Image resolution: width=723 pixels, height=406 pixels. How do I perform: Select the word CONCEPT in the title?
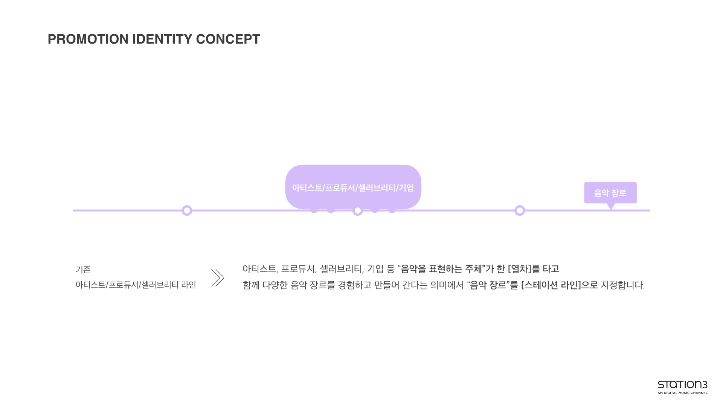[228, 39]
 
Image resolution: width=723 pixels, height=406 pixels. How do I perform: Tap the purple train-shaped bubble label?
[353, 187]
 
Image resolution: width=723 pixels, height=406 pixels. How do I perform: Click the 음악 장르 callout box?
[610, 193]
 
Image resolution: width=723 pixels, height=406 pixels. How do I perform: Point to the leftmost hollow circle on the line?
[187, 211]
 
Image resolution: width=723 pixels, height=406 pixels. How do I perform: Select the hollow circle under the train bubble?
[357, 211]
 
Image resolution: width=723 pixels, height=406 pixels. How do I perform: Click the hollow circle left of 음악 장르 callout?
[520, 211]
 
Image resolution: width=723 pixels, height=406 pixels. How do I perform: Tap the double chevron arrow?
[218, 277]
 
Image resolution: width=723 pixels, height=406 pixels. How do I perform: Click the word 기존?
[83, 270]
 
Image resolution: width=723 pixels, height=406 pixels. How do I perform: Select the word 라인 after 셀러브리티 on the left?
[189, 285]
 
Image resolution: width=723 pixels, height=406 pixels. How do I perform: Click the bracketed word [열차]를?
[524, 269]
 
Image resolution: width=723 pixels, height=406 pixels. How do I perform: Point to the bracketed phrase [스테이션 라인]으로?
[560, 285]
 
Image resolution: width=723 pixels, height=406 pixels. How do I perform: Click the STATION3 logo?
[682, 385]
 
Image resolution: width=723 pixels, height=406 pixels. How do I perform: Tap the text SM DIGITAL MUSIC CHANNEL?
[682, 393]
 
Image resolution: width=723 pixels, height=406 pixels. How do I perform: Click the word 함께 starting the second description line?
[250, 285]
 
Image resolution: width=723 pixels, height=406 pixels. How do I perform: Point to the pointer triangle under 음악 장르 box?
[611, 206]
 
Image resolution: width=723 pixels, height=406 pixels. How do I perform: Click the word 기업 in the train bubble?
[406, 188]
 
